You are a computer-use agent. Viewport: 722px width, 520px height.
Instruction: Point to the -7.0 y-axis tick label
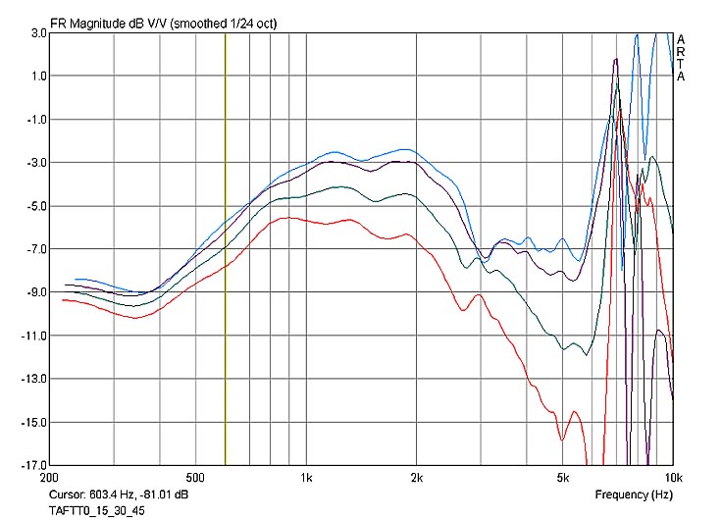click(x=34, y=249)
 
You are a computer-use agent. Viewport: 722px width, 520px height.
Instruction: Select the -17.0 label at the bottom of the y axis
click(x=32, y=465)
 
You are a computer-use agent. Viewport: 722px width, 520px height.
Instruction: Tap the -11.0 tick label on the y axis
click(x=32, y=336)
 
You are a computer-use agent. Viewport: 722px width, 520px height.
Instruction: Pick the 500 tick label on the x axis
click(x=194, y=478)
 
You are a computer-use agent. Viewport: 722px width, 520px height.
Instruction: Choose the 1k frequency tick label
click(x=306, y=478)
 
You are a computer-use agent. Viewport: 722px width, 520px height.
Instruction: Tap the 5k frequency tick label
click(x=562, y=478)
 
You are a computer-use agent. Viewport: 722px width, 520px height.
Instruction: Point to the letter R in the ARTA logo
click(x=681, y=52)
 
